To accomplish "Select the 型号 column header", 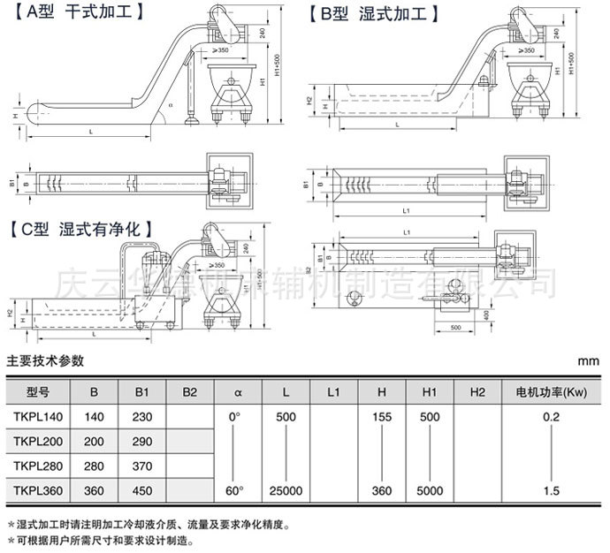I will coord(38,390).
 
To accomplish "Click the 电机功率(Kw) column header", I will coord(552,390).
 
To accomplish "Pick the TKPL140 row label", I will coord(35,416).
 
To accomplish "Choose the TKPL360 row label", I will coord(35,490).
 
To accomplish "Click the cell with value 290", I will coord(141,441).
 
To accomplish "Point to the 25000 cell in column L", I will coord(286,490).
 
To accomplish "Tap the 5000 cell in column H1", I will coord(430,490).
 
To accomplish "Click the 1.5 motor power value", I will coord(552,490).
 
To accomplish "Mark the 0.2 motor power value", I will coord(552,416).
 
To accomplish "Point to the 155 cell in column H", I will coord(381,416).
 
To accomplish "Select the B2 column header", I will coord(188,390).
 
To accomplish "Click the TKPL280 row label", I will coord(35,466).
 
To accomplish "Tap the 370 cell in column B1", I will coord(141,466).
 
